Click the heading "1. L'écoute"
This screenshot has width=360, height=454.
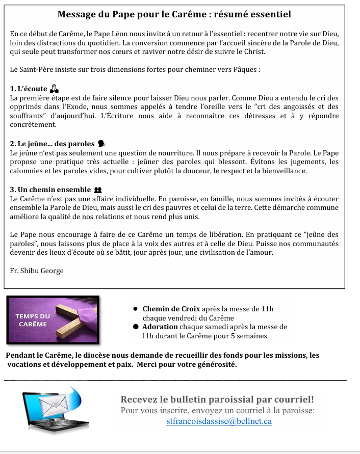click(x=29, y=89)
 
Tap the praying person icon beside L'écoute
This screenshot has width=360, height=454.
click(x=56, y=89)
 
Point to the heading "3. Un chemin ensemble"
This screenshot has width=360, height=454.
click(x=48, y=190)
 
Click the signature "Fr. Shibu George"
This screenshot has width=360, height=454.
click(x=37, y=270)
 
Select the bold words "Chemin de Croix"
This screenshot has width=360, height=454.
click(x=171, y=308)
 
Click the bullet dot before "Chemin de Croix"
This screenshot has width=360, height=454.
click(x=136, y=309)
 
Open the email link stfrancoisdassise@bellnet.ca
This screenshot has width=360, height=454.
click(x=219, y=421)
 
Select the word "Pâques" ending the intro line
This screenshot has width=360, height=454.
click(x=246, y=70)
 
